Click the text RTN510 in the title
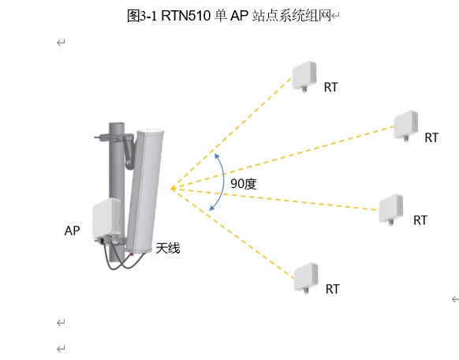[186, 16]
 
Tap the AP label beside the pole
[72, 231]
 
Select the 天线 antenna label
[168, 248]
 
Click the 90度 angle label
[244, 184]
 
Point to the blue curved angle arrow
[224, 182]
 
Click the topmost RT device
[304, 77]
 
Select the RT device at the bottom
[306, 278]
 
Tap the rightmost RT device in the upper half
[405, 126]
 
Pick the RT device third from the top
[390, 209]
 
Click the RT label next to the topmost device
[330, 88]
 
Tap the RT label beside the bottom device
[332, 289]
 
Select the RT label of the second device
[431, 137]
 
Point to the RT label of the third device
[420, 220]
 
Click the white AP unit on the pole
[106, 218]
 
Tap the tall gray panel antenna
[145, 190]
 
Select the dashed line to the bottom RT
[233, 233]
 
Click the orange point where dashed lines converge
[173, 189]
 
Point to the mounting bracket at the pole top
[116, 137]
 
